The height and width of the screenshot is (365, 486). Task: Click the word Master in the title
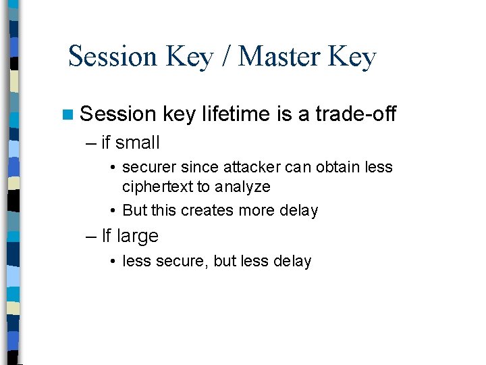click(280, 56)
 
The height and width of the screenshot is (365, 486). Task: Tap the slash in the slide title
click(226, 56)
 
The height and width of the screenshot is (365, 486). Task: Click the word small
click(138, 143)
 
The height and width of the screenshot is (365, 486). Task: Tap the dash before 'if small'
click(91, 143)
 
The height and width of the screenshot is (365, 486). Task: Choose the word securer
click(149, 167)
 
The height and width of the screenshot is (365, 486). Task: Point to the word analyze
click(243, 187)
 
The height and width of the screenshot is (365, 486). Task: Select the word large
click(138, 236)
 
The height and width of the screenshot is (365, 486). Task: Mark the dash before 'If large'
click(91, 237)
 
